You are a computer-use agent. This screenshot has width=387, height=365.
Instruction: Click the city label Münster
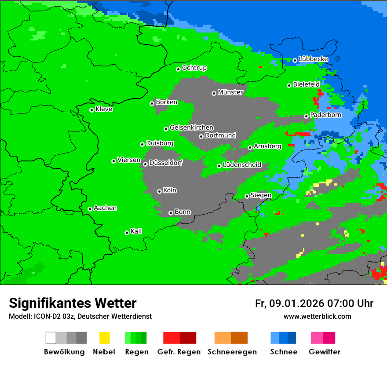pyautogui.click(x=230, y=92)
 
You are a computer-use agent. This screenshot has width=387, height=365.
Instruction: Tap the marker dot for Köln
pyautogui.click(x=159, y=191)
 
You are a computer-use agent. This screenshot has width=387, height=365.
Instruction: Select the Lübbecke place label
pyautogui.click(x=313, y=59)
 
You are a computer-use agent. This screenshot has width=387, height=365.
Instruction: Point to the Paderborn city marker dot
pyautogui.click(x=306, y=116)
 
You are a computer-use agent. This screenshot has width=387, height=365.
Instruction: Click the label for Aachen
pyautogui.click(x=105, y=208)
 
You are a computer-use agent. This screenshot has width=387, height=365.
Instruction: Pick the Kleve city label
pyautogui.click(x=104, y=109)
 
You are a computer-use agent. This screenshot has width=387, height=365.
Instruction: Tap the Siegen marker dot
pyautogui.click(x=247, y=196)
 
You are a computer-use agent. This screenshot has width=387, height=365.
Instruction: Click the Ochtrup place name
pyautogui.click(x=194, y=68)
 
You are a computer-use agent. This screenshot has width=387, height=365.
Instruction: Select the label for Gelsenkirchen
pyautogui.click(x=191, y=128)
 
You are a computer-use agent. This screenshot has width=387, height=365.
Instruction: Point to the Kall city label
pyautogui.click(x=136, y=231)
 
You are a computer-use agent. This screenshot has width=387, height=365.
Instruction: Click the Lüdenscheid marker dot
pyautogui.click(x=219, y=166)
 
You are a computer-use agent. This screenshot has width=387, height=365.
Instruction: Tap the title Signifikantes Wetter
pyautogui.click(x=73, y=303)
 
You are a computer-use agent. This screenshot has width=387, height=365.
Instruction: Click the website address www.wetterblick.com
pyautogui.click(x=317, y=316)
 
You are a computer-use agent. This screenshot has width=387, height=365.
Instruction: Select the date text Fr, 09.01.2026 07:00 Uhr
pyautogui.click(x=314, y=303)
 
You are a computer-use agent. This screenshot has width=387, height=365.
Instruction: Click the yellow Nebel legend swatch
pyautogui.click(x=104, y=338)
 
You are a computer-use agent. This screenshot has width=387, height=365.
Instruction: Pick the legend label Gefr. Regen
pyautogui.click(x=179, y=352)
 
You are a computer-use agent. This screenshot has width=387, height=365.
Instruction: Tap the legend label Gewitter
pyautogui.click(x=325, y=352)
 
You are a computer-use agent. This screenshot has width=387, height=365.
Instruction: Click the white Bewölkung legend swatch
pyautogui.click(x=51, y=338)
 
